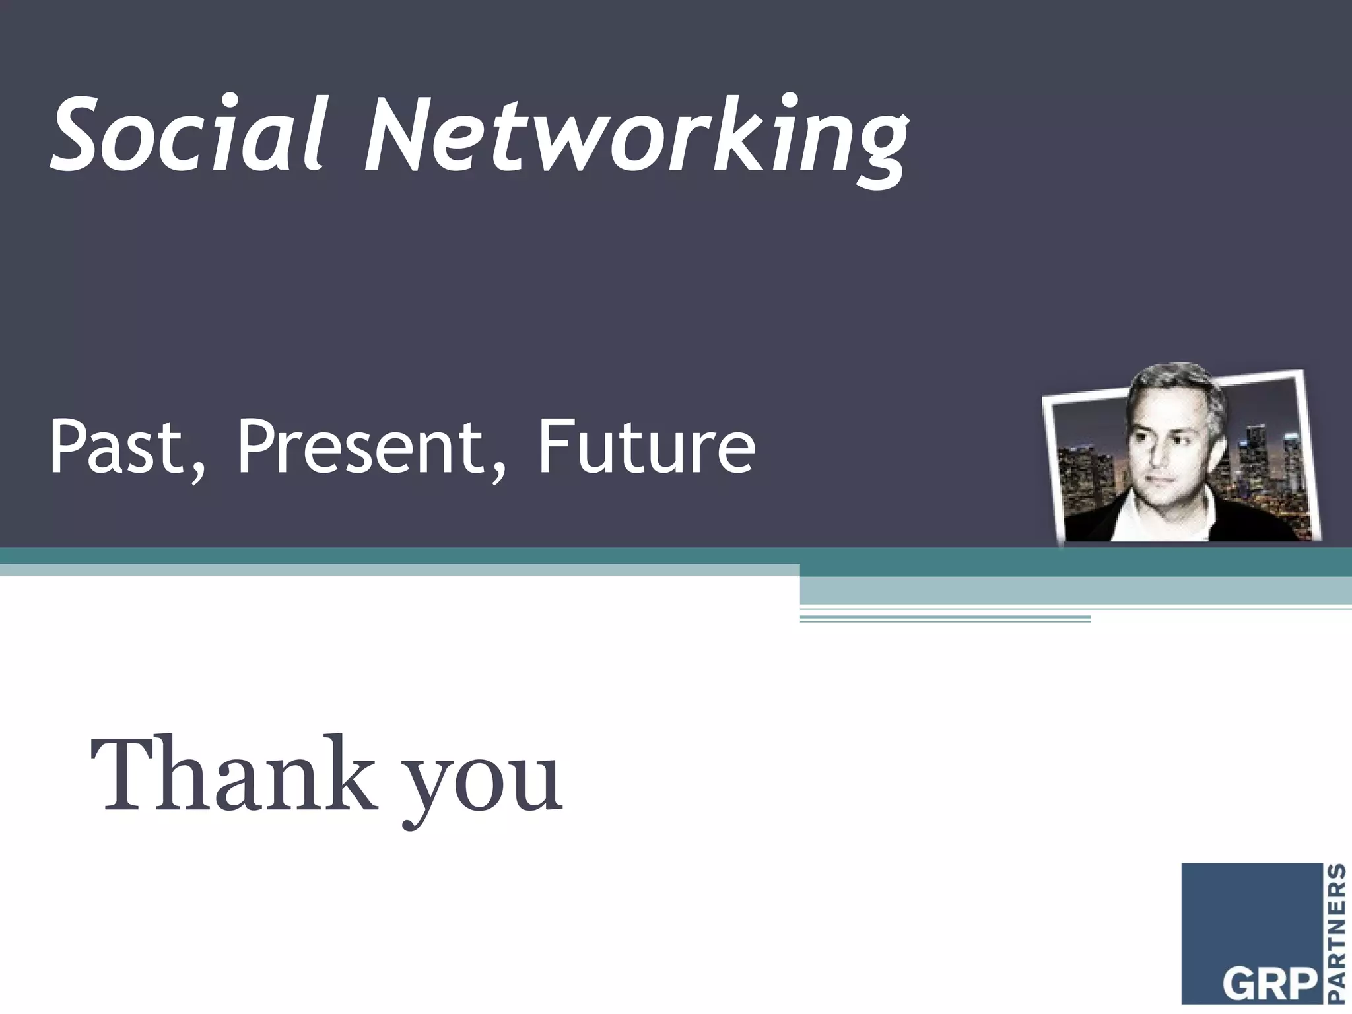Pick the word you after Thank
[x=483, y=786]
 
